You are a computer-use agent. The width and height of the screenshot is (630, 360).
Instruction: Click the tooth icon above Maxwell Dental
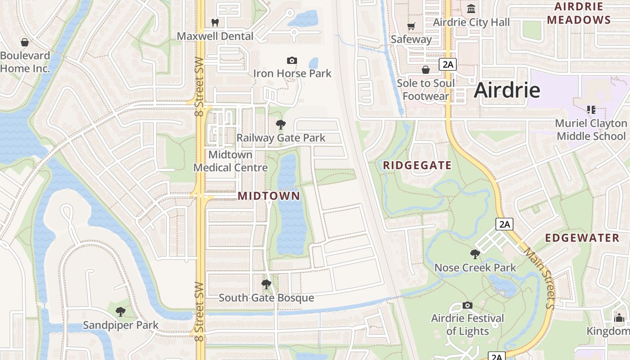coord(215,22)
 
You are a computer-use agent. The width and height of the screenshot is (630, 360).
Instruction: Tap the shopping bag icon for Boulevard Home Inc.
coord(25,42)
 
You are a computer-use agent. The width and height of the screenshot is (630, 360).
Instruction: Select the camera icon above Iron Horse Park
coord(292,60)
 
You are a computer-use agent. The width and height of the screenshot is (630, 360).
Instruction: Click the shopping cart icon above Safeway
coord(411,26)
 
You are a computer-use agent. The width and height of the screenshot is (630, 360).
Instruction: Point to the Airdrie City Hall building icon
coord(471,9)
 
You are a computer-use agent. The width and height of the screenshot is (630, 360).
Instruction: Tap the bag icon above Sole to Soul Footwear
coord(425,70)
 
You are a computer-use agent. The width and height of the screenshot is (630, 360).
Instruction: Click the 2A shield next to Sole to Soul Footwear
coord(448,64)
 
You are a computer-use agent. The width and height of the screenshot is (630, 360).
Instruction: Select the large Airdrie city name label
coord(507,90)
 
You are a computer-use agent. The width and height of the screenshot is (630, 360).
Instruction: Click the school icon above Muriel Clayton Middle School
coord(591,109)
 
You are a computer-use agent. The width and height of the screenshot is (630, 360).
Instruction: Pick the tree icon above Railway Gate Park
coord(281,125)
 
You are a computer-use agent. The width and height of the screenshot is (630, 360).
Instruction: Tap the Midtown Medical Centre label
coord(231,161)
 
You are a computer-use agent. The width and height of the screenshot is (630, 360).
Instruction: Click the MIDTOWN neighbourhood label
coord(269,196)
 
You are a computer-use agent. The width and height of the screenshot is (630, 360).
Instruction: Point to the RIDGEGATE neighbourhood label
coord(417,166)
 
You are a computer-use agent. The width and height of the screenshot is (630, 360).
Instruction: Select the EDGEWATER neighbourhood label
coord(582,238)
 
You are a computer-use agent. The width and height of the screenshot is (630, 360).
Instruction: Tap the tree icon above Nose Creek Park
coord(475,254)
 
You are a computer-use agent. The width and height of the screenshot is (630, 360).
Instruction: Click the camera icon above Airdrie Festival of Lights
coord(468,306)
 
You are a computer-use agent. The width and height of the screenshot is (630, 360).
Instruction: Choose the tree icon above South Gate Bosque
coord(266,284)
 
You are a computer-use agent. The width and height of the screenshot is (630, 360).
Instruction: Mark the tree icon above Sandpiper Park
coord(120,311)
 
